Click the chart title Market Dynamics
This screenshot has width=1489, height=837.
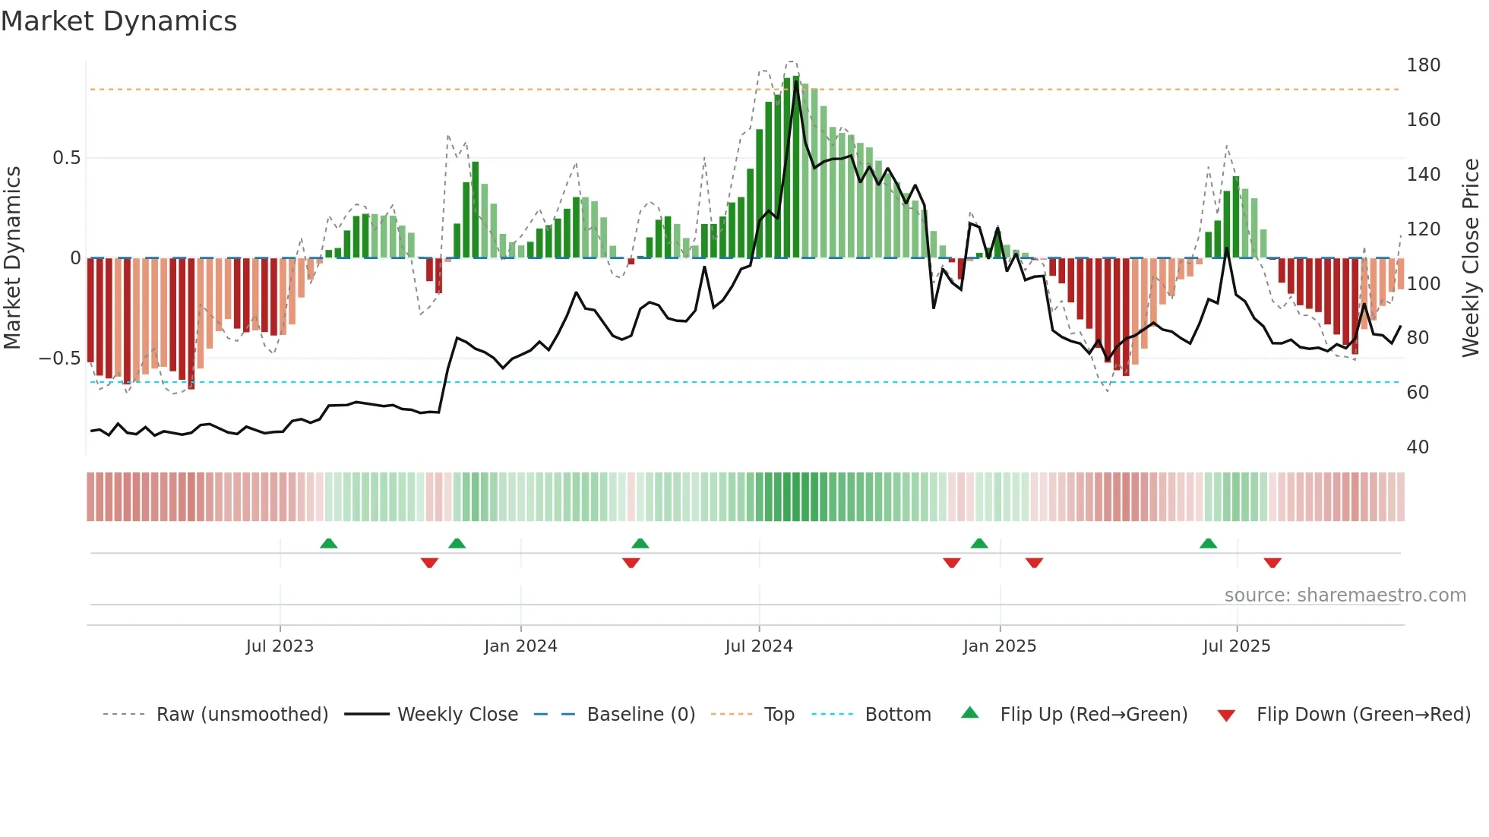(119, 21)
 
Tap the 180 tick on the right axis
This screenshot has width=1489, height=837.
(1423, 65)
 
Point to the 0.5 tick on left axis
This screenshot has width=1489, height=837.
(66, 158)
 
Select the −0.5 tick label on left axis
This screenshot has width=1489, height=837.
(59, 358)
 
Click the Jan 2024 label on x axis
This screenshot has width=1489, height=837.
(520, 646)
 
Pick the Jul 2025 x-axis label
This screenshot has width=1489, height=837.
(1236, 646)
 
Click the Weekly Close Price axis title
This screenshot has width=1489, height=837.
(1471, 258)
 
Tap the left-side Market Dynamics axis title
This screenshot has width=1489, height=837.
(13, 258)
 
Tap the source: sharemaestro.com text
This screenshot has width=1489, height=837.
(1345, 595)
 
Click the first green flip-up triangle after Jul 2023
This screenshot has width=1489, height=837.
(328, 544)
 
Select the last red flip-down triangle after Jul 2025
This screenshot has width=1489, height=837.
(1272, 563)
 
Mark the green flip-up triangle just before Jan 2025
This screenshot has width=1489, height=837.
(979, 544)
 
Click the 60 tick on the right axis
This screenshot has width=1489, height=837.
(1418, 393)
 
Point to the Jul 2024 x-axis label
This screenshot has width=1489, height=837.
(758, 646)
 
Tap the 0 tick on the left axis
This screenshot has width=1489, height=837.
(75, 258)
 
